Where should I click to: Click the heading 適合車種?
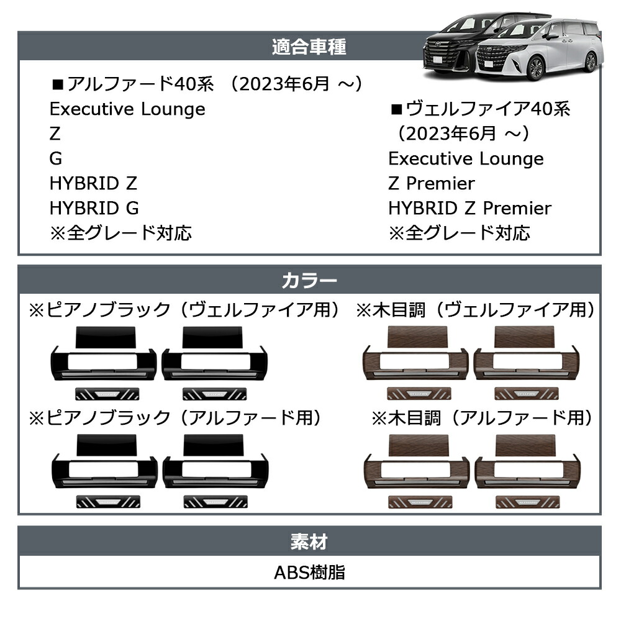309,47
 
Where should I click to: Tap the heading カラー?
309,281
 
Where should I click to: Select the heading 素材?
309,542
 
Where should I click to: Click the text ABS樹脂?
309,573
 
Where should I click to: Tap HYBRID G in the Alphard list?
94,208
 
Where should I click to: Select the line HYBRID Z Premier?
469,208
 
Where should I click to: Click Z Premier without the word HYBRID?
432,183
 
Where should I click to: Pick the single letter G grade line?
56,158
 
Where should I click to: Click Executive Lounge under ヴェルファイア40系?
466,158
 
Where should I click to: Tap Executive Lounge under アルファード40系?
127,109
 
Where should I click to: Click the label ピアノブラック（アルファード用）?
175,418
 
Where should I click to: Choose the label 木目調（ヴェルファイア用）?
475,310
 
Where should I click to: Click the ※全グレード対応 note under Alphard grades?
121,233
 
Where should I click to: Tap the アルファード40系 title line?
207,84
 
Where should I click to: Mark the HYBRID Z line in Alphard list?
94,183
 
